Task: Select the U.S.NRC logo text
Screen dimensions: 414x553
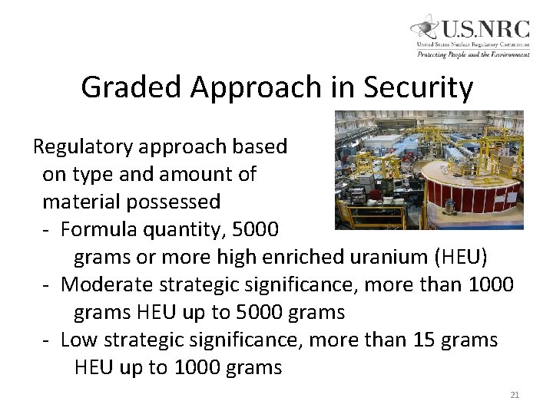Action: pos(485,29)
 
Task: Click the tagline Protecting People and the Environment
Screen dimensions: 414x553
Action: pos(473,54)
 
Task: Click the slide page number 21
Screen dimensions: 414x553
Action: pos(515,395)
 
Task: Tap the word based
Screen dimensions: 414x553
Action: pos(262,146)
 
